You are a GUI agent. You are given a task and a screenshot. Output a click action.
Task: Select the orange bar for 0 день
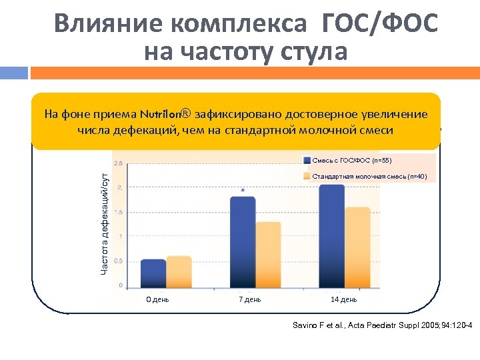[179, 271]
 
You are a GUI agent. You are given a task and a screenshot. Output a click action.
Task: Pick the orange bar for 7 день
[268, 254]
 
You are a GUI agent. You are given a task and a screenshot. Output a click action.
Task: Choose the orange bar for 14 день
[357, 247]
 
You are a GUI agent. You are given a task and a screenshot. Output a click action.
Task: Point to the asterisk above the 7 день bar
[243, 191]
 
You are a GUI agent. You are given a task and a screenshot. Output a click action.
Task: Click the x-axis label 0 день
[157, 299]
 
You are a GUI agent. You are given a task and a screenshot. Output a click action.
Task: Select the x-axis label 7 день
[250, 299]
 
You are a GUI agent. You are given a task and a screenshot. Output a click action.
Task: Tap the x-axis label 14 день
[344, 299]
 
